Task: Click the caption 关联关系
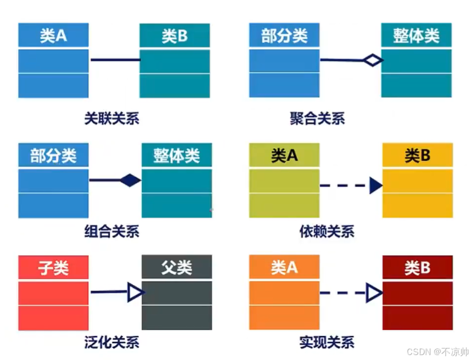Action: point(111,118)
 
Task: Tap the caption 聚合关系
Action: point(317,118)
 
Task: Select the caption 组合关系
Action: point(111,231)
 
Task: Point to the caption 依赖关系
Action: point(327,231)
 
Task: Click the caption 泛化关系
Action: point(111,344)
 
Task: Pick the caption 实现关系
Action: point(327,344)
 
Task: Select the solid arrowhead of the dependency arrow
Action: point(375,185)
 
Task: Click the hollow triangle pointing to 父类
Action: point(135,292)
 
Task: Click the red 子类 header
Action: point(53,268)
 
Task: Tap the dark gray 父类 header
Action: point(176,268)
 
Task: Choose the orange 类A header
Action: point(284,268)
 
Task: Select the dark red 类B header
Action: point(417,268)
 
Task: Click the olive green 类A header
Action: point(284,156)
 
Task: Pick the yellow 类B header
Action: point(417,156)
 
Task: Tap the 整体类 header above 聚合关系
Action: point(416,36)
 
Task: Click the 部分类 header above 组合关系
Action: point(53,156)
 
